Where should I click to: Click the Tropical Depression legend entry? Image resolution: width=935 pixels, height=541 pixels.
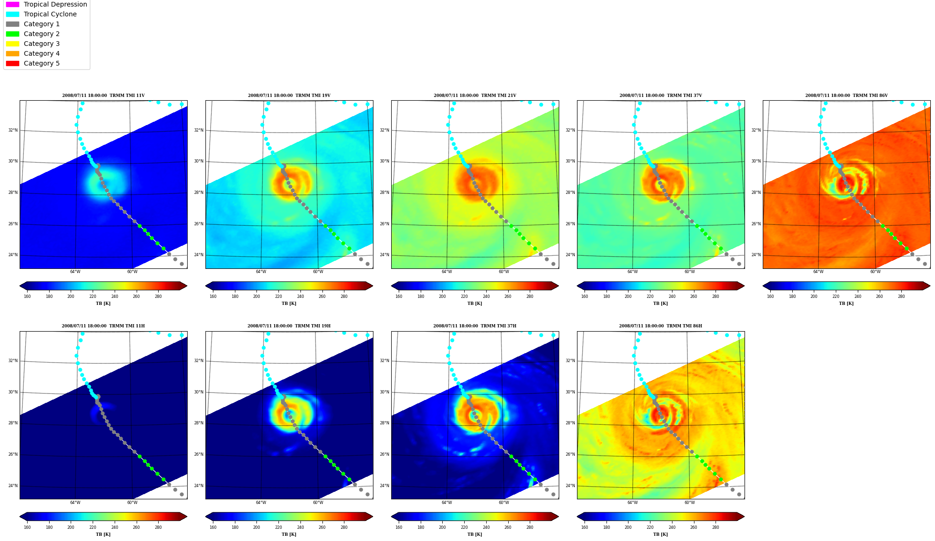(46, 4)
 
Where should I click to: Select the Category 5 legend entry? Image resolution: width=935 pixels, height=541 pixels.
(33, 63)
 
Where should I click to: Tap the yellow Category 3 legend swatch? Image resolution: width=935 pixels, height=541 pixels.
(13, 44)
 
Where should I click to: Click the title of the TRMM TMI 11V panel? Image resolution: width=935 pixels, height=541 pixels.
(103, 96)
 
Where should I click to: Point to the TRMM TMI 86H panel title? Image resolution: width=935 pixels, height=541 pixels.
(660, 326)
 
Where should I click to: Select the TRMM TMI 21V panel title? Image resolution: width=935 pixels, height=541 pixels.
(475, 96)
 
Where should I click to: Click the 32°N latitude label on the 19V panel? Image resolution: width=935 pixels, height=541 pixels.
(199, 130)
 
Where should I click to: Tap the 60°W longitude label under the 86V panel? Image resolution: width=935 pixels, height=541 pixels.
(875, 272)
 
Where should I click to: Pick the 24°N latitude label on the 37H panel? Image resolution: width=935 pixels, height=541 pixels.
(385, 486)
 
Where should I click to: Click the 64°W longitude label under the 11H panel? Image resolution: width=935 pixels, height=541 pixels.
(75, 503)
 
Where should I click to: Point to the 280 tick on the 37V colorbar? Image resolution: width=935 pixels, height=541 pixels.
(716, 296)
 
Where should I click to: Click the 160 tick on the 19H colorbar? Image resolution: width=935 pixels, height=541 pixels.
(213, 527)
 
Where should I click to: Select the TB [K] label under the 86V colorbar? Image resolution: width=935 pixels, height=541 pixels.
(846, 304)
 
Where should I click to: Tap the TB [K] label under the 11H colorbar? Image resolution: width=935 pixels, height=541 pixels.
(103, 534)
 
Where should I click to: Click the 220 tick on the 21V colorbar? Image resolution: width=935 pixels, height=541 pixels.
(464, 296)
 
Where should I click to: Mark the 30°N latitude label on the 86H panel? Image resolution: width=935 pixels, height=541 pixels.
(570, 392)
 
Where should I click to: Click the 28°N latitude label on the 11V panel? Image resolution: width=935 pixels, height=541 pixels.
(13, 193)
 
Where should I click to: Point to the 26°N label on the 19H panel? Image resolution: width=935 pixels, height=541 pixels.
(199, 454)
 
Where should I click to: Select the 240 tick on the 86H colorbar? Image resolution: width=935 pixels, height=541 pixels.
(672, 527)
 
